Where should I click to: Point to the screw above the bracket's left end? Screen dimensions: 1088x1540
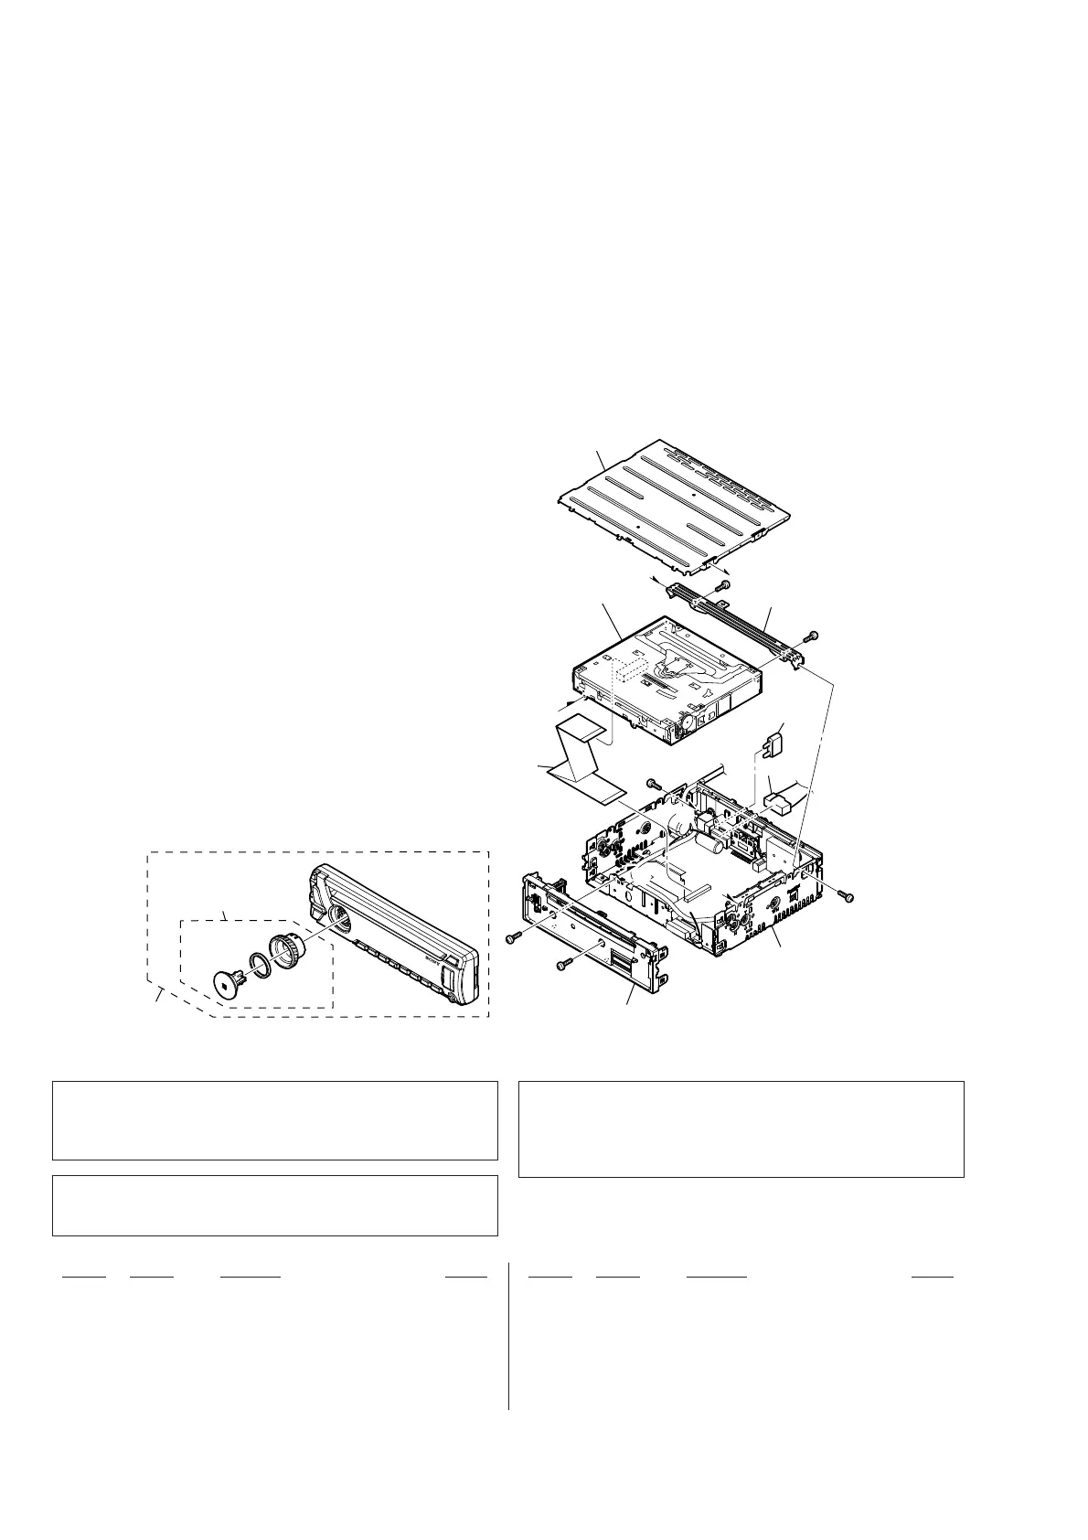point(724,584)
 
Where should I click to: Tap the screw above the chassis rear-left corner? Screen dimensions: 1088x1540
point(652,784)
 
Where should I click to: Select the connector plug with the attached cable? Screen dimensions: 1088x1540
point(782,803)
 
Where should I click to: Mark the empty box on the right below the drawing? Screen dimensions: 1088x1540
point(741,1128)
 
